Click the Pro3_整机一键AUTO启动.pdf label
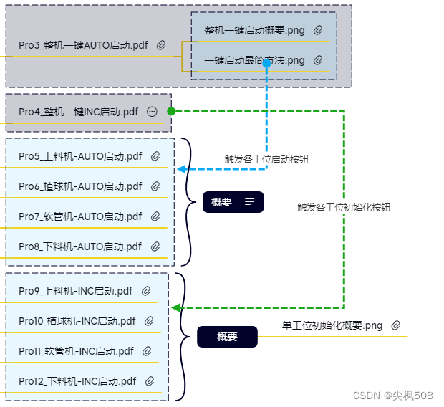(83, 45)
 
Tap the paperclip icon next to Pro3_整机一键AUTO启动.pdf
(162, 45)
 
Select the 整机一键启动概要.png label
(254, 30)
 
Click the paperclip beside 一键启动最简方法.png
(318, 60)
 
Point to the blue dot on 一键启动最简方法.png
(266, 63)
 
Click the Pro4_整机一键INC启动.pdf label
(78, 112)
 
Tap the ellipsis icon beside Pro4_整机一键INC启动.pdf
(152, 112)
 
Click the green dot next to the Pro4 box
(171, 111)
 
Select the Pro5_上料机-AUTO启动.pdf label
(80, 156)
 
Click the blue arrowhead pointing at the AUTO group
(181, 169)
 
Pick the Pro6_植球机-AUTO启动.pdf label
(80, 186)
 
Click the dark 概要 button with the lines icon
(233, 202)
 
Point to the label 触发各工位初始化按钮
(344, 207)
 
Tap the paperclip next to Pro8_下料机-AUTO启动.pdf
(155, 246)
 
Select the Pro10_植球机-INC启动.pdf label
(77, 321)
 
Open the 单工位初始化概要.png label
(332, 325)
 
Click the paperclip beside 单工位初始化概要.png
(395, 325)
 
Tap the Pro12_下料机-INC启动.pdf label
(77, 381)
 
